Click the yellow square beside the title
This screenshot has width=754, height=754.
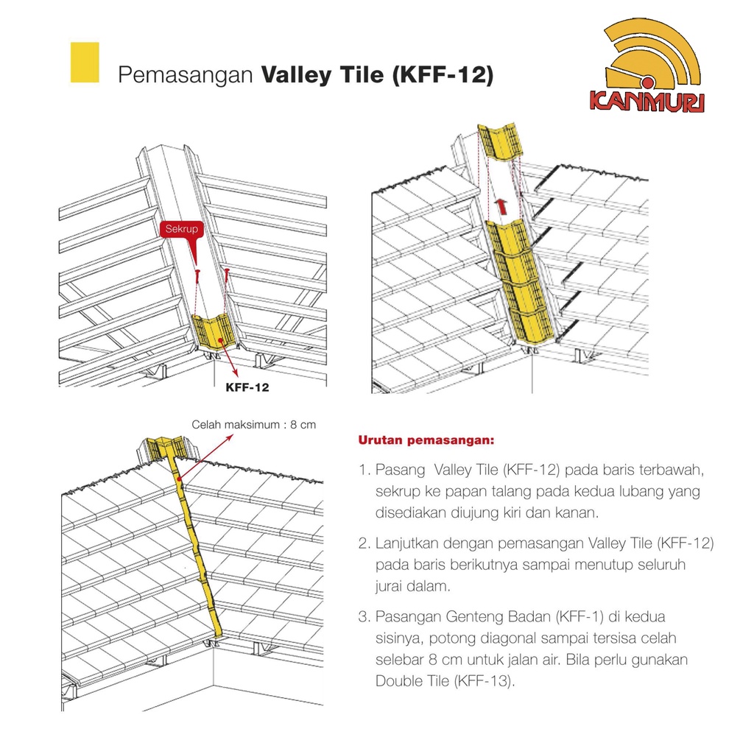pyautogui.click(x=85, y=63)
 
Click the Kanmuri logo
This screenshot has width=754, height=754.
pyautogui.click(x=646, y=66)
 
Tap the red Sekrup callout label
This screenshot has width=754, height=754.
pyautogui.click(x=182, y=230)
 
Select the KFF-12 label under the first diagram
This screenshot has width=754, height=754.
pyautogui.click(x=247, y=387)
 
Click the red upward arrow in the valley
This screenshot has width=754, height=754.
pyautogui.click(x=501, y=207)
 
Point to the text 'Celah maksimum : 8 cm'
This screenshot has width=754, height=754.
pyautogui.click(x=254, y=425)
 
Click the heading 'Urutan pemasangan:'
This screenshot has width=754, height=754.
pyautogui.click(x=426, y=440)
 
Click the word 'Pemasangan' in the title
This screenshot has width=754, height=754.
pyautogui.click(x=185, y=76)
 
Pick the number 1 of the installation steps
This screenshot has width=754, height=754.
pyautogui.click(x=364, y=470)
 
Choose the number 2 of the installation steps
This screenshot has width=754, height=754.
pyautogui.click(x=364, y=543)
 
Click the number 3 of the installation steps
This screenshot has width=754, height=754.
pyautogui.click(x=364, y=616)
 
